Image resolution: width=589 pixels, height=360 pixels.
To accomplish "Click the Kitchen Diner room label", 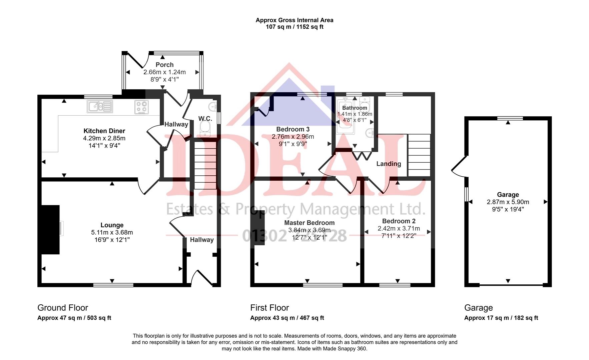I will point(104,131).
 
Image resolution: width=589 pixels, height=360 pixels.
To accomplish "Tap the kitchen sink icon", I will point(100,106).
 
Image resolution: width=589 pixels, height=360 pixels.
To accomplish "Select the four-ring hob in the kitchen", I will point(141,107).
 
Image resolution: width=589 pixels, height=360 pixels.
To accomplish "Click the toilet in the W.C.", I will point(205,129).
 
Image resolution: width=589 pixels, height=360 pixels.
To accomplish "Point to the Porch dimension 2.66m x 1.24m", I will point(164,72).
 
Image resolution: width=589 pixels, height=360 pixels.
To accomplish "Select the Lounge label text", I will point(112,225).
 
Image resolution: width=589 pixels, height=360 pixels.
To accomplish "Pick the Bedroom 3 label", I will point(293,129).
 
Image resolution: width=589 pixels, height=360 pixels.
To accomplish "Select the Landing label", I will point(389,164).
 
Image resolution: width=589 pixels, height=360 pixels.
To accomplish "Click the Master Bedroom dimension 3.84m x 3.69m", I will point(309,230).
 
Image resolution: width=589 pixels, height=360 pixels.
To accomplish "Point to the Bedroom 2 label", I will point(399,221).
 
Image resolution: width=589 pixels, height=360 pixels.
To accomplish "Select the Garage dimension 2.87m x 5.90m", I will point(508,202).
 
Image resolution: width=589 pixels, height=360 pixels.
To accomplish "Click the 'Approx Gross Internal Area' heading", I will point(294,20).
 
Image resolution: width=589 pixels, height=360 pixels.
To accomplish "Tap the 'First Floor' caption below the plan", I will point(269,308).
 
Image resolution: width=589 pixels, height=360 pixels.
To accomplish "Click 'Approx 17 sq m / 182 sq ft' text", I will point(501,318).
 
